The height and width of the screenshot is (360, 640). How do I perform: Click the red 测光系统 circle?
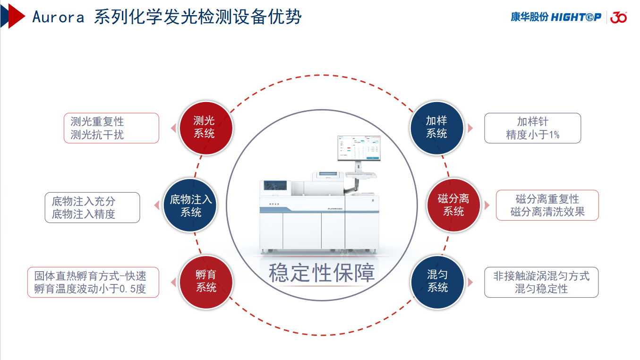(x=205, y=128)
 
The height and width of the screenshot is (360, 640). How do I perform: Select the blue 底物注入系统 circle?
(x=190, y=206)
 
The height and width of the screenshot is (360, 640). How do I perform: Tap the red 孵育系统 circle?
(x=206, y=282)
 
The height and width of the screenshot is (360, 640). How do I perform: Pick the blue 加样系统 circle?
(x=436, y=128)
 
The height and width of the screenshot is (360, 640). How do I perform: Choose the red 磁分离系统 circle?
(x=453, y=206)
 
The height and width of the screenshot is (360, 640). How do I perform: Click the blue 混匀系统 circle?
(x=437, y=282)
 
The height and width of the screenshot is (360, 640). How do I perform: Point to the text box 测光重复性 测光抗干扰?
(x=111, y=128)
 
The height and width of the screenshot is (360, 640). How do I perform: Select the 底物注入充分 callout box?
(x=93, y=207)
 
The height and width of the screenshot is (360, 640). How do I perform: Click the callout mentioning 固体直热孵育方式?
(x=93, y=283)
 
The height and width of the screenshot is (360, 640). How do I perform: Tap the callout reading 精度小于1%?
(x=532, y=128)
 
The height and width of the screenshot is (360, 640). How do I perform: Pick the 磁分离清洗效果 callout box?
(x=547, y=206)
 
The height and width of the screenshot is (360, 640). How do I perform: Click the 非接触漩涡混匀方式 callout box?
(x=541, y=283)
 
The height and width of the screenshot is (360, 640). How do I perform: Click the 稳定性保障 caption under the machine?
(x=322, y=273)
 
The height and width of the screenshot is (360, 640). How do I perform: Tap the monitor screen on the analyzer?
(x=358, y=148)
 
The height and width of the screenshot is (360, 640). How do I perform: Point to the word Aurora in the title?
(x=58, y=17)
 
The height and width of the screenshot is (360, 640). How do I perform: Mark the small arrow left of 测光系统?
(x=173, y=128)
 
